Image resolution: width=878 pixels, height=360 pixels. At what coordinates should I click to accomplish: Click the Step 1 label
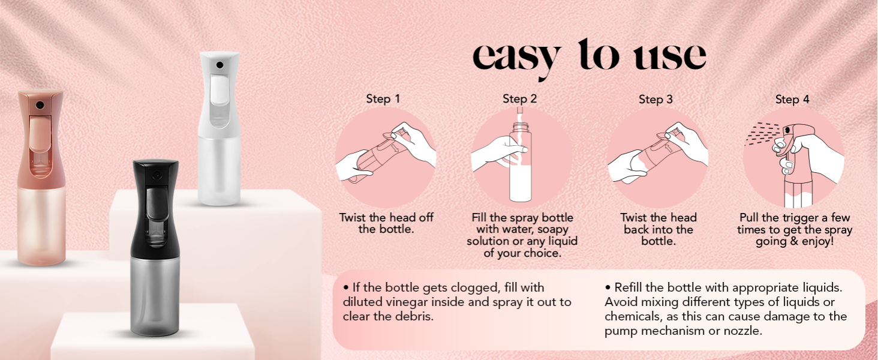(x=383, y=99)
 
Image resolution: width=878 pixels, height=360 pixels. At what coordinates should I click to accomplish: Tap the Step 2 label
(x=519, y=99)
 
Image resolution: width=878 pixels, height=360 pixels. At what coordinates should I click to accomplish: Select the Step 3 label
(x=656, y=99)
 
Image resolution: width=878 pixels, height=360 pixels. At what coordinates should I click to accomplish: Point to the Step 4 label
(x=792, y=99)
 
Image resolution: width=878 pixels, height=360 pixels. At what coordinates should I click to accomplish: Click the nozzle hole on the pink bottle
(x=40, y=105)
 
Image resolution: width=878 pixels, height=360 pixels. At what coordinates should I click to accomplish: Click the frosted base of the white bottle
(x=220, y=171)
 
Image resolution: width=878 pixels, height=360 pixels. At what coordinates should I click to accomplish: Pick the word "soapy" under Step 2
(x=552, y=229)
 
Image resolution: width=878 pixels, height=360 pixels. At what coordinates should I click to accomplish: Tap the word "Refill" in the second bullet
(x=630, y=288)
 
